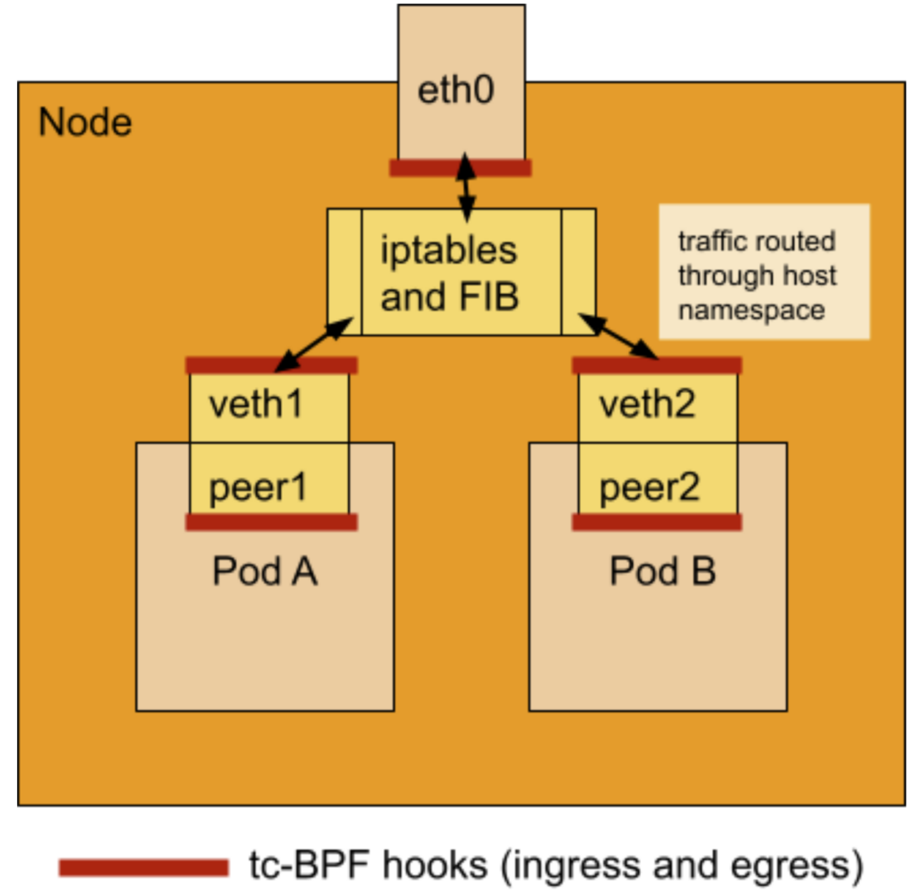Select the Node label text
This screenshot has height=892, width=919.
pos(85,122)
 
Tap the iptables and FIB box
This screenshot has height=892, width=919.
pos(460,272)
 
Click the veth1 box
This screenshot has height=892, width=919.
pos(268,407)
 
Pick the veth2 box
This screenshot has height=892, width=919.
pos(658,407)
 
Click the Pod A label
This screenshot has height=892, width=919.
pos(265,571)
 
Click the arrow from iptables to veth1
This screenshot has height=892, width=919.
pos(310,345)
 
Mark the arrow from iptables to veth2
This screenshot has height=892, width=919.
pos(620,337)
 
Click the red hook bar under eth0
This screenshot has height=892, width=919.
pos(460,168)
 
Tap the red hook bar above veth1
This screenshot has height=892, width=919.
pos(271,365)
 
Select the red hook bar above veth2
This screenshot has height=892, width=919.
pos(657,365)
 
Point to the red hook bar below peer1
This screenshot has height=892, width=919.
pos(271,522)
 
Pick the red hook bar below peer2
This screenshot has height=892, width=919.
pos(657,522)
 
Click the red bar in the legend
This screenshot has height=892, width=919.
pos(144,866)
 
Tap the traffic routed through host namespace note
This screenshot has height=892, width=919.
pos(764,273)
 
